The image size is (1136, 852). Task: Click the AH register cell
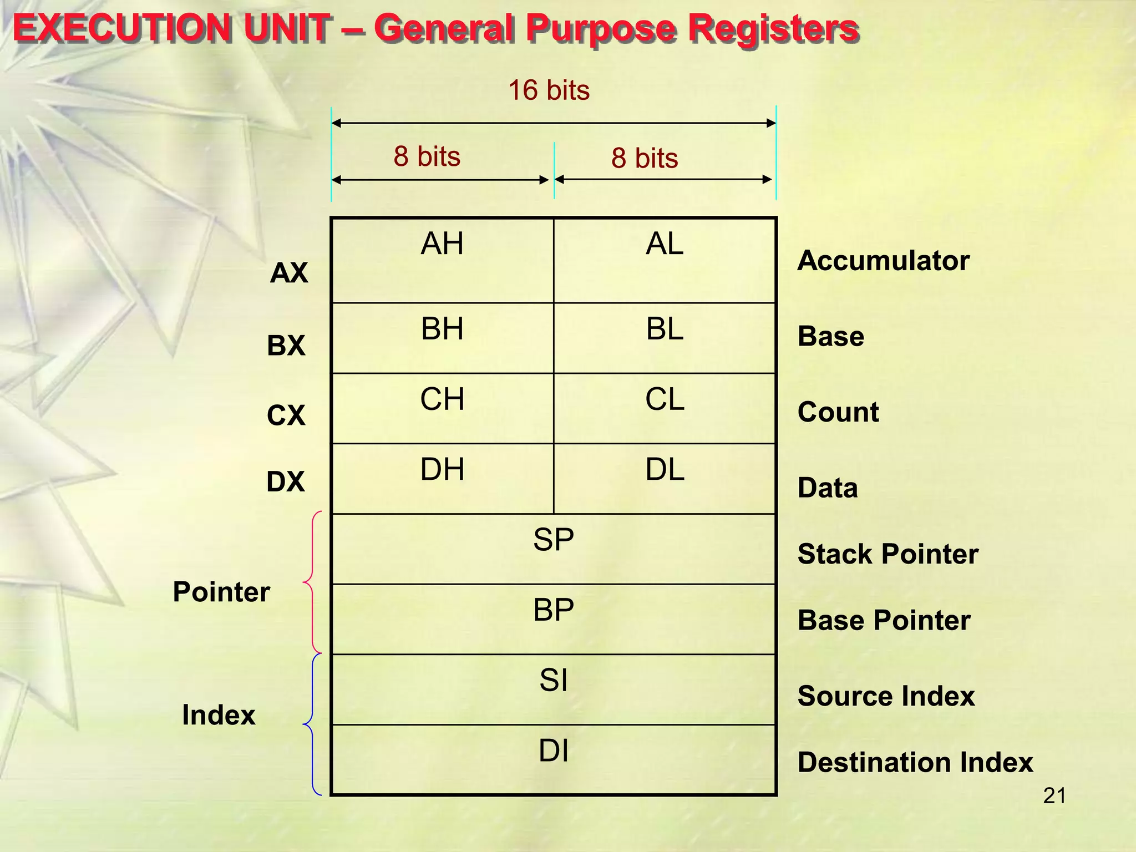tap(442, 260)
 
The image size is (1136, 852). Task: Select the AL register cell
tap(665, 260)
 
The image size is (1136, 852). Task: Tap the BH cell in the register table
tap(442, 338)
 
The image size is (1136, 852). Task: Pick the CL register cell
tap(665, 408)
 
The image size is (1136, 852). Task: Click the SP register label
tap(554, 540)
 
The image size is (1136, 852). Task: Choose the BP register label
tap(554, 610)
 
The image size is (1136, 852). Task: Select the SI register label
tap(554, 681)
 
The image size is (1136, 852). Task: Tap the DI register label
tap(554, 751)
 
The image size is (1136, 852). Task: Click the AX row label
tap(289, 273)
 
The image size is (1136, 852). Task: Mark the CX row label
tap(286, 415)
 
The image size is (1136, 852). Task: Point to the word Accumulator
tap(883, 261)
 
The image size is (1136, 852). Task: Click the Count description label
tap(838, 412)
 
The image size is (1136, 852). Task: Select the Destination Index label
tap(915, 762)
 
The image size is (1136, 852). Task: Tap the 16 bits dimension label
tap(549, 90)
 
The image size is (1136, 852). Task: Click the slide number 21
tap(1054, 796)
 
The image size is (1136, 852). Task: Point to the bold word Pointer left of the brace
tap(221, 592)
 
